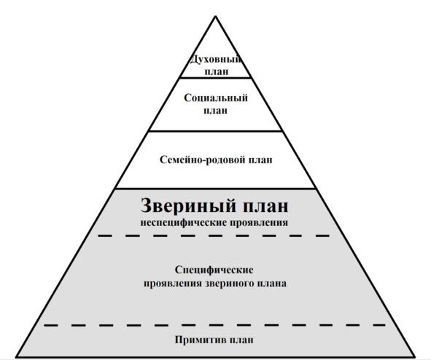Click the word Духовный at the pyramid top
(216, 59)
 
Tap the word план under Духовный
(217, 71)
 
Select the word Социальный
(216, 98)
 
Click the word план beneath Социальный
(216, 110)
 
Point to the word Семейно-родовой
(203, 160)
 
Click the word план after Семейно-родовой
(260, 160)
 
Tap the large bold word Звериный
(188, 206)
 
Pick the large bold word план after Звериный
(265, 206)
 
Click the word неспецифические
(183, 223)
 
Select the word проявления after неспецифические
(258, 223)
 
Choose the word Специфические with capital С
(214, 270)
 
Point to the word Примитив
(201, 340)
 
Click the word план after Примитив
(241, 340)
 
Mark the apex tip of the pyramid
(216, 16)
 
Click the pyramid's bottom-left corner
(15, 357)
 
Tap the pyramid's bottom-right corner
(415, 357)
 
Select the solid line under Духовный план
(216, 78)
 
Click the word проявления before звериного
(173, 283)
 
